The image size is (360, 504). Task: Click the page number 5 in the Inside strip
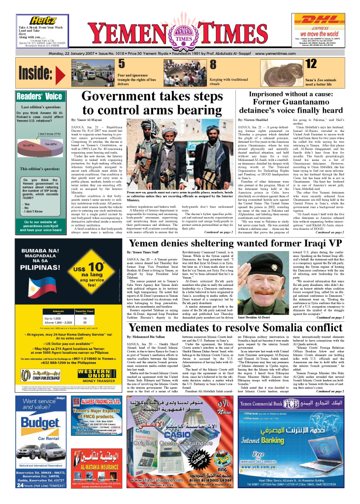point(108,63)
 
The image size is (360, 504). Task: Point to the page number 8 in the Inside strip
point(199,64)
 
